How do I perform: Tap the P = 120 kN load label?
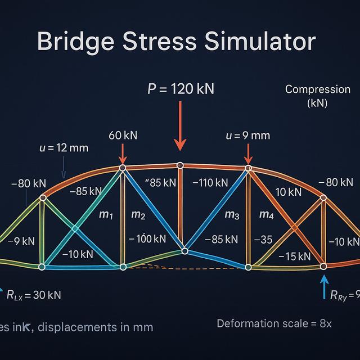(180, 89)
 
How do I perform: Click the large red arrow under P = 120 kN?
(180, 127)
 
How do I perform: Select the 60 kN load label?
(123, 136)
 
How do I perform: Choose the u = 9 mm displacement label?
(247, 135)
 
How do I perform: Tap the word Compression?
(317, 89)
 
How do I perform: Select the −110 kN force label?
(210, 183)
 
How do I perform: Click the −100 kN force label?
(147, 238)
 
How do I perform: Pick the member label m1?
(107, 214)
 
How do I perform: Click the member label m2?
(138, 214)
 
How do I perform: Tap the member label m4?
(266, 214)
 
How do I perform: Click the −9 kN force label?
(21, 241)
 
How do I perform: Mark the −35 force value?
(263, 240)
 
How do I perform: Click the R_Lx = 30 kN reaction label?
(34, 295)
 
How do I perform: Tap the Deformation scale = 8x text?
(274, 323)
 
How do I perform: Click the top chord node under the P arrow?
(180, 165)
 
